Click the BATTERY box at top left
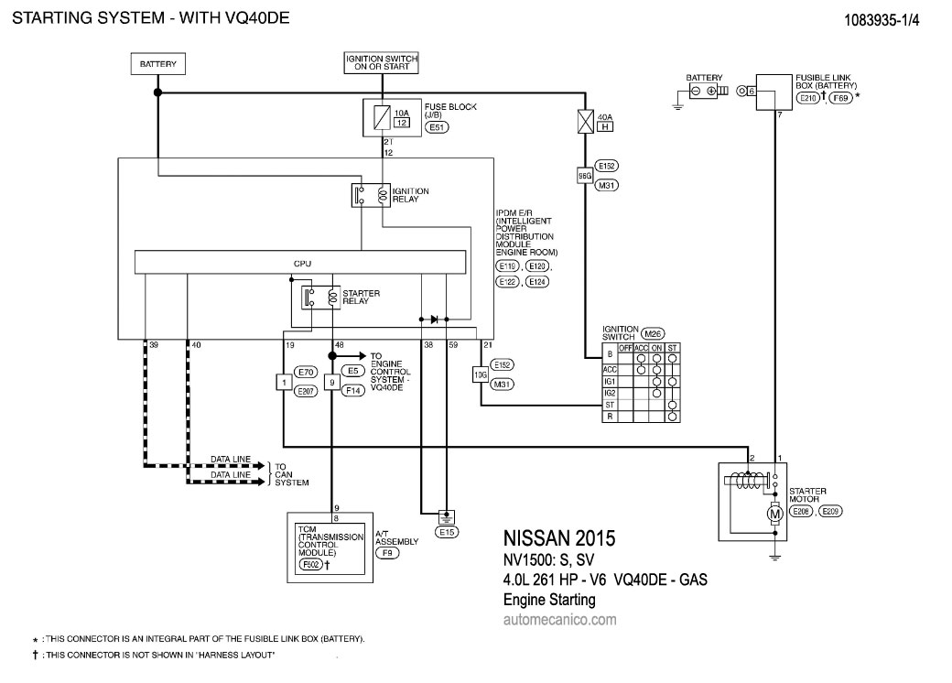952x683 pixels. click(x=157, y=65)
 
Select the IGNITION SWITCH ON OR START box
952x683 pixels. click(x=382, y=63)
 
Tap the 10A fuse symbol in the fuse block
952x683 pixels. click(x=381, y=115)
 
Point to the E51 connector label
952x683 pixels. click(x=437, y=129)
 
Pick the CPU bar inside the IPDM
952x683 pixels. click(x=302, y=263)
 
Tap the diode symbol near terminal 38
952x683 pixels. click(x=435, y=320)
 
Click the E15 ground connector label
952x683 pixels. click(x=448, y=531)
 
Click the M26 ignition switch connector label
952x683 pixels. click(x=653, y=332)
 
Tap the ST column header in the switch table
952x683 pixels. click(x=673, y=347)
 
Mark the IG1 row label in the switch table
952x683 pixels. click(x=609, y=381)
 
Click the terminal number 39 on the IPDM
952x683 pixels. click(x=154, y=345)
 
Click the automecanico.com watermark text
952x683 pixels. click(x=559, y=620)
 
